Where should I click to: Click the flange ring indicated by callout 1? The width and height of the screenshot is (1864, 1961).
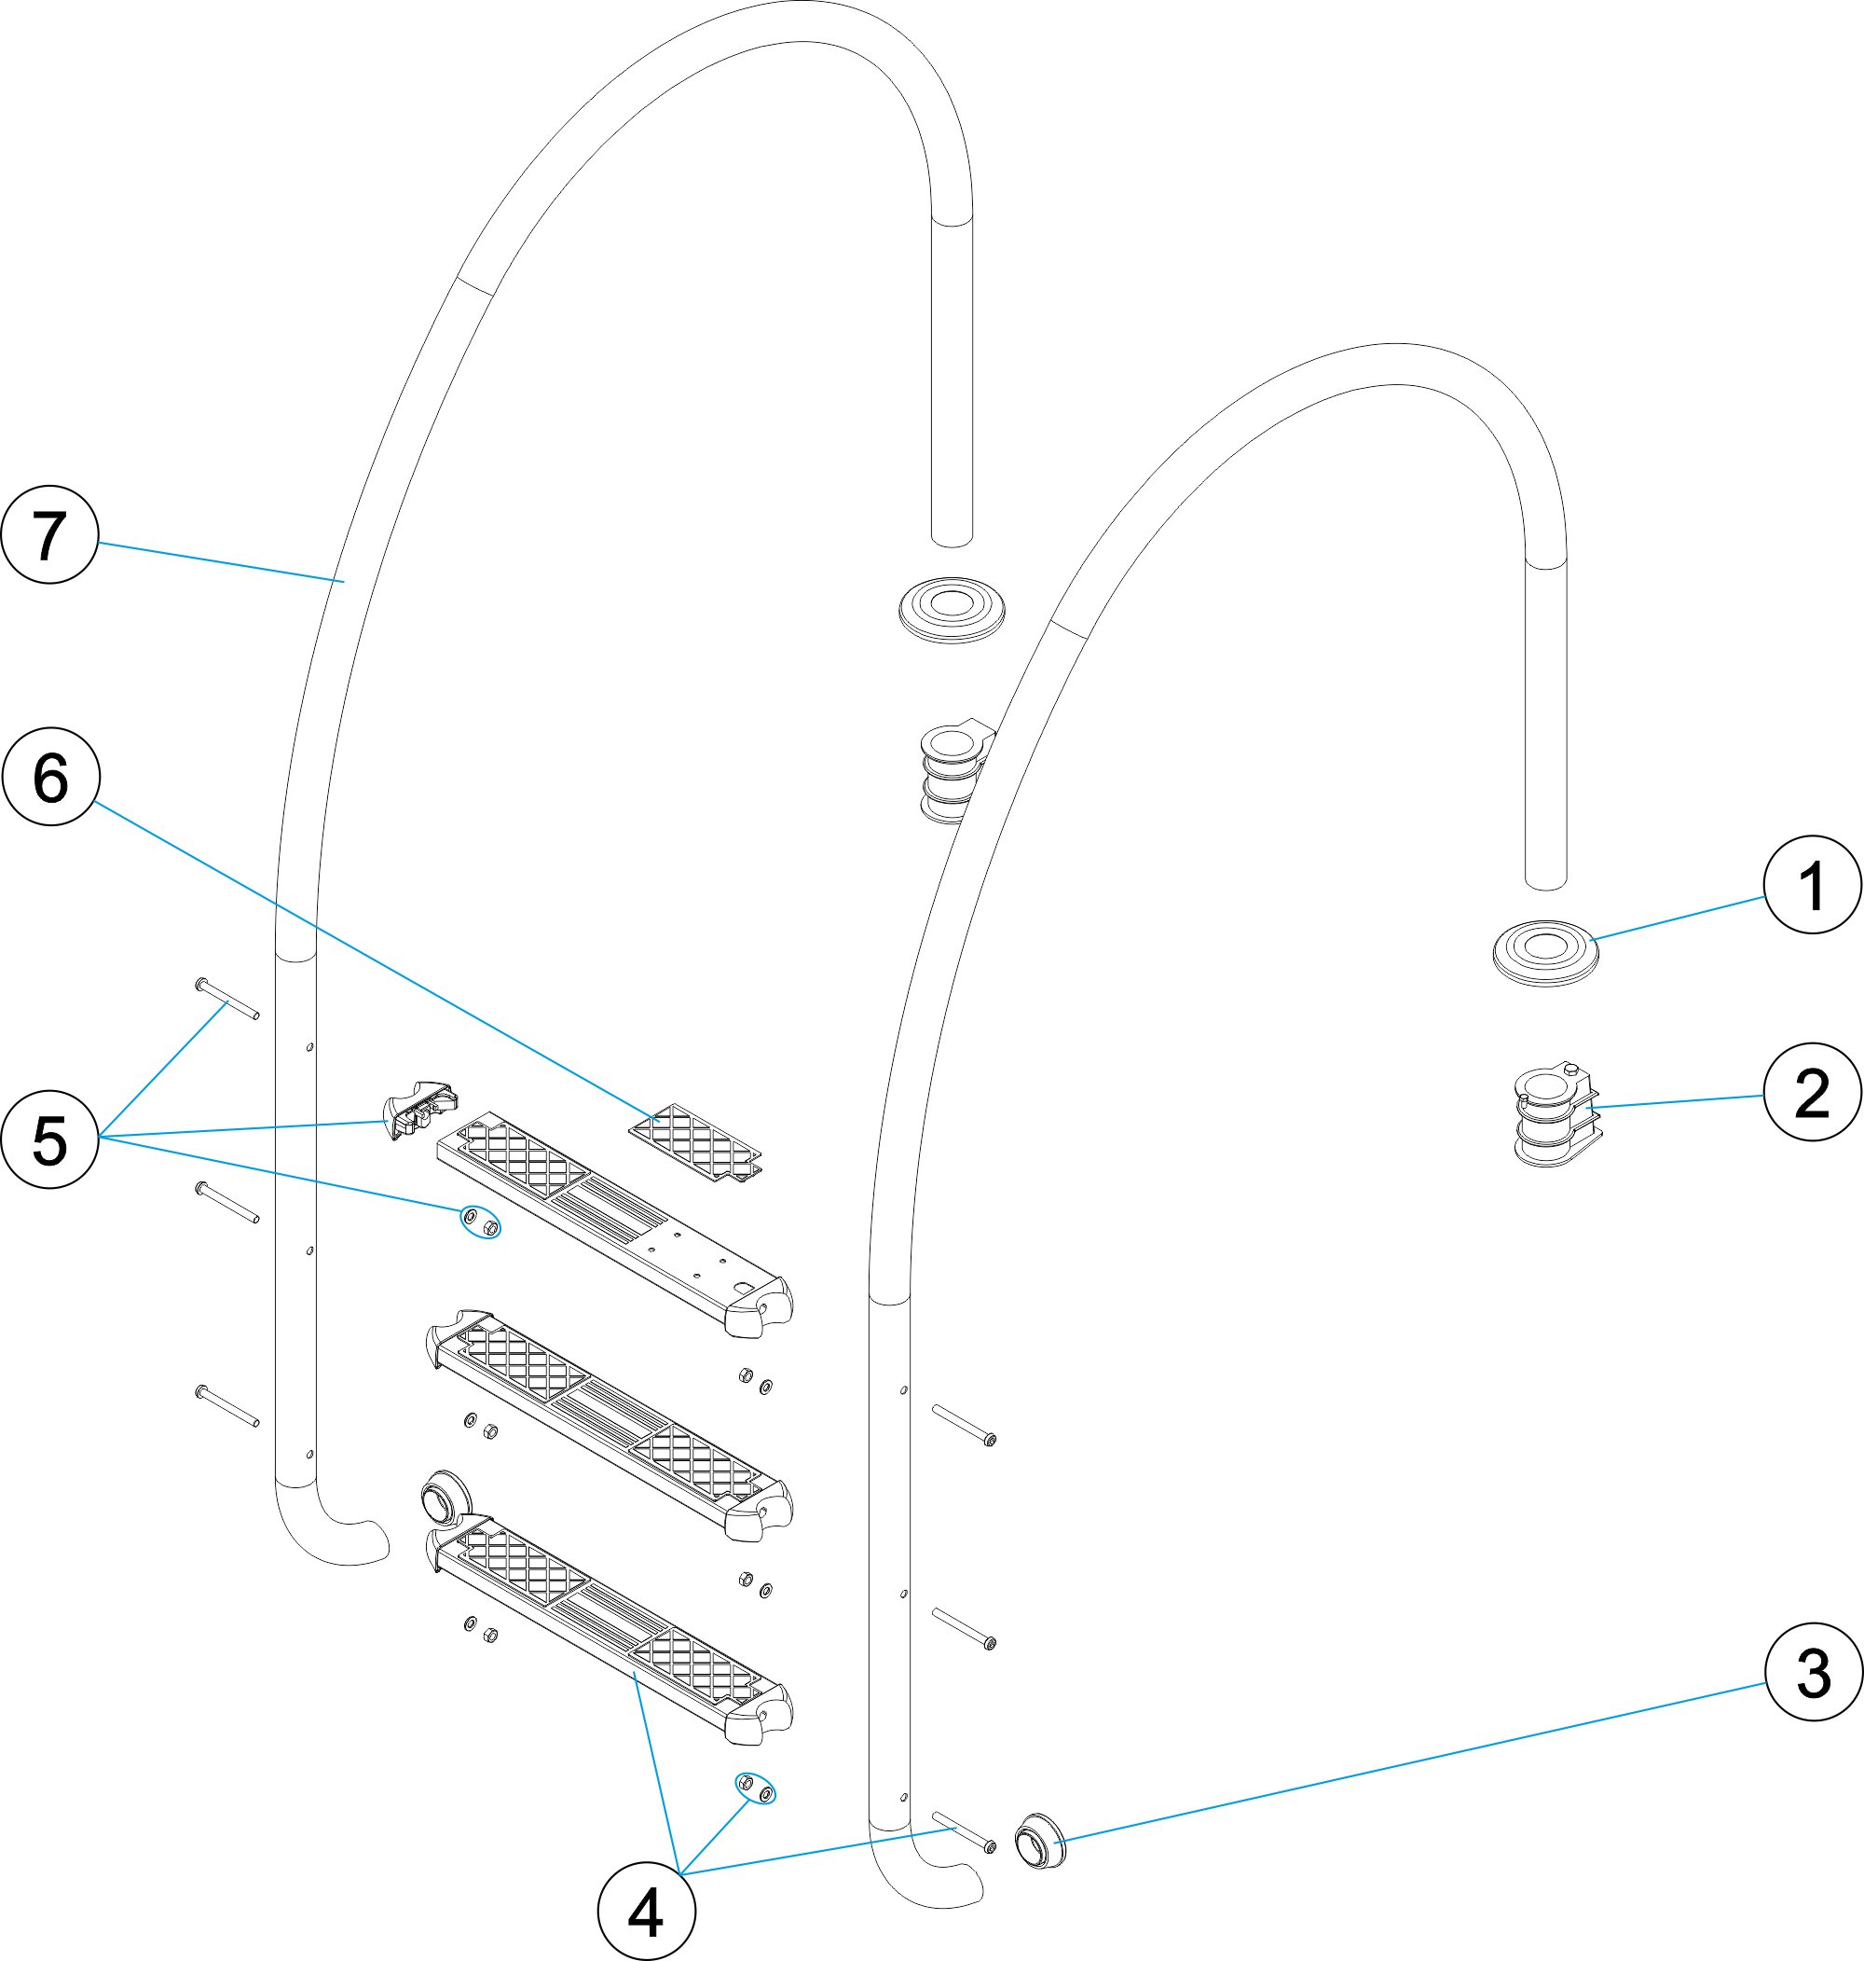point(1545,952)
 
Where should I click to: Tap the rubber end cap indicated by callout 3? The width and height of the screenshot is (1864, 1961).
point(1036,1840)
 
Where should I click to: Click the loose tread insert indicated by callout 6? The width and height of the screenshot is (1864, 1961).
point(696,1143)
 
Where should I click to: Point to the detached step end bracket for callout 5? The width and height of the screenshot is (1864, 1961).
point(420,1107)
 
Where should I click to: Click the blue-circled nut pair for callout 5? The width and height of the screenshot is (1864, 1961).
point(480,1223)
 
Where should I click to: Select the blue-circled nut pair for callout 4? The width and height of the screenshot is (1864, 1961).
point(755,1788)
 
